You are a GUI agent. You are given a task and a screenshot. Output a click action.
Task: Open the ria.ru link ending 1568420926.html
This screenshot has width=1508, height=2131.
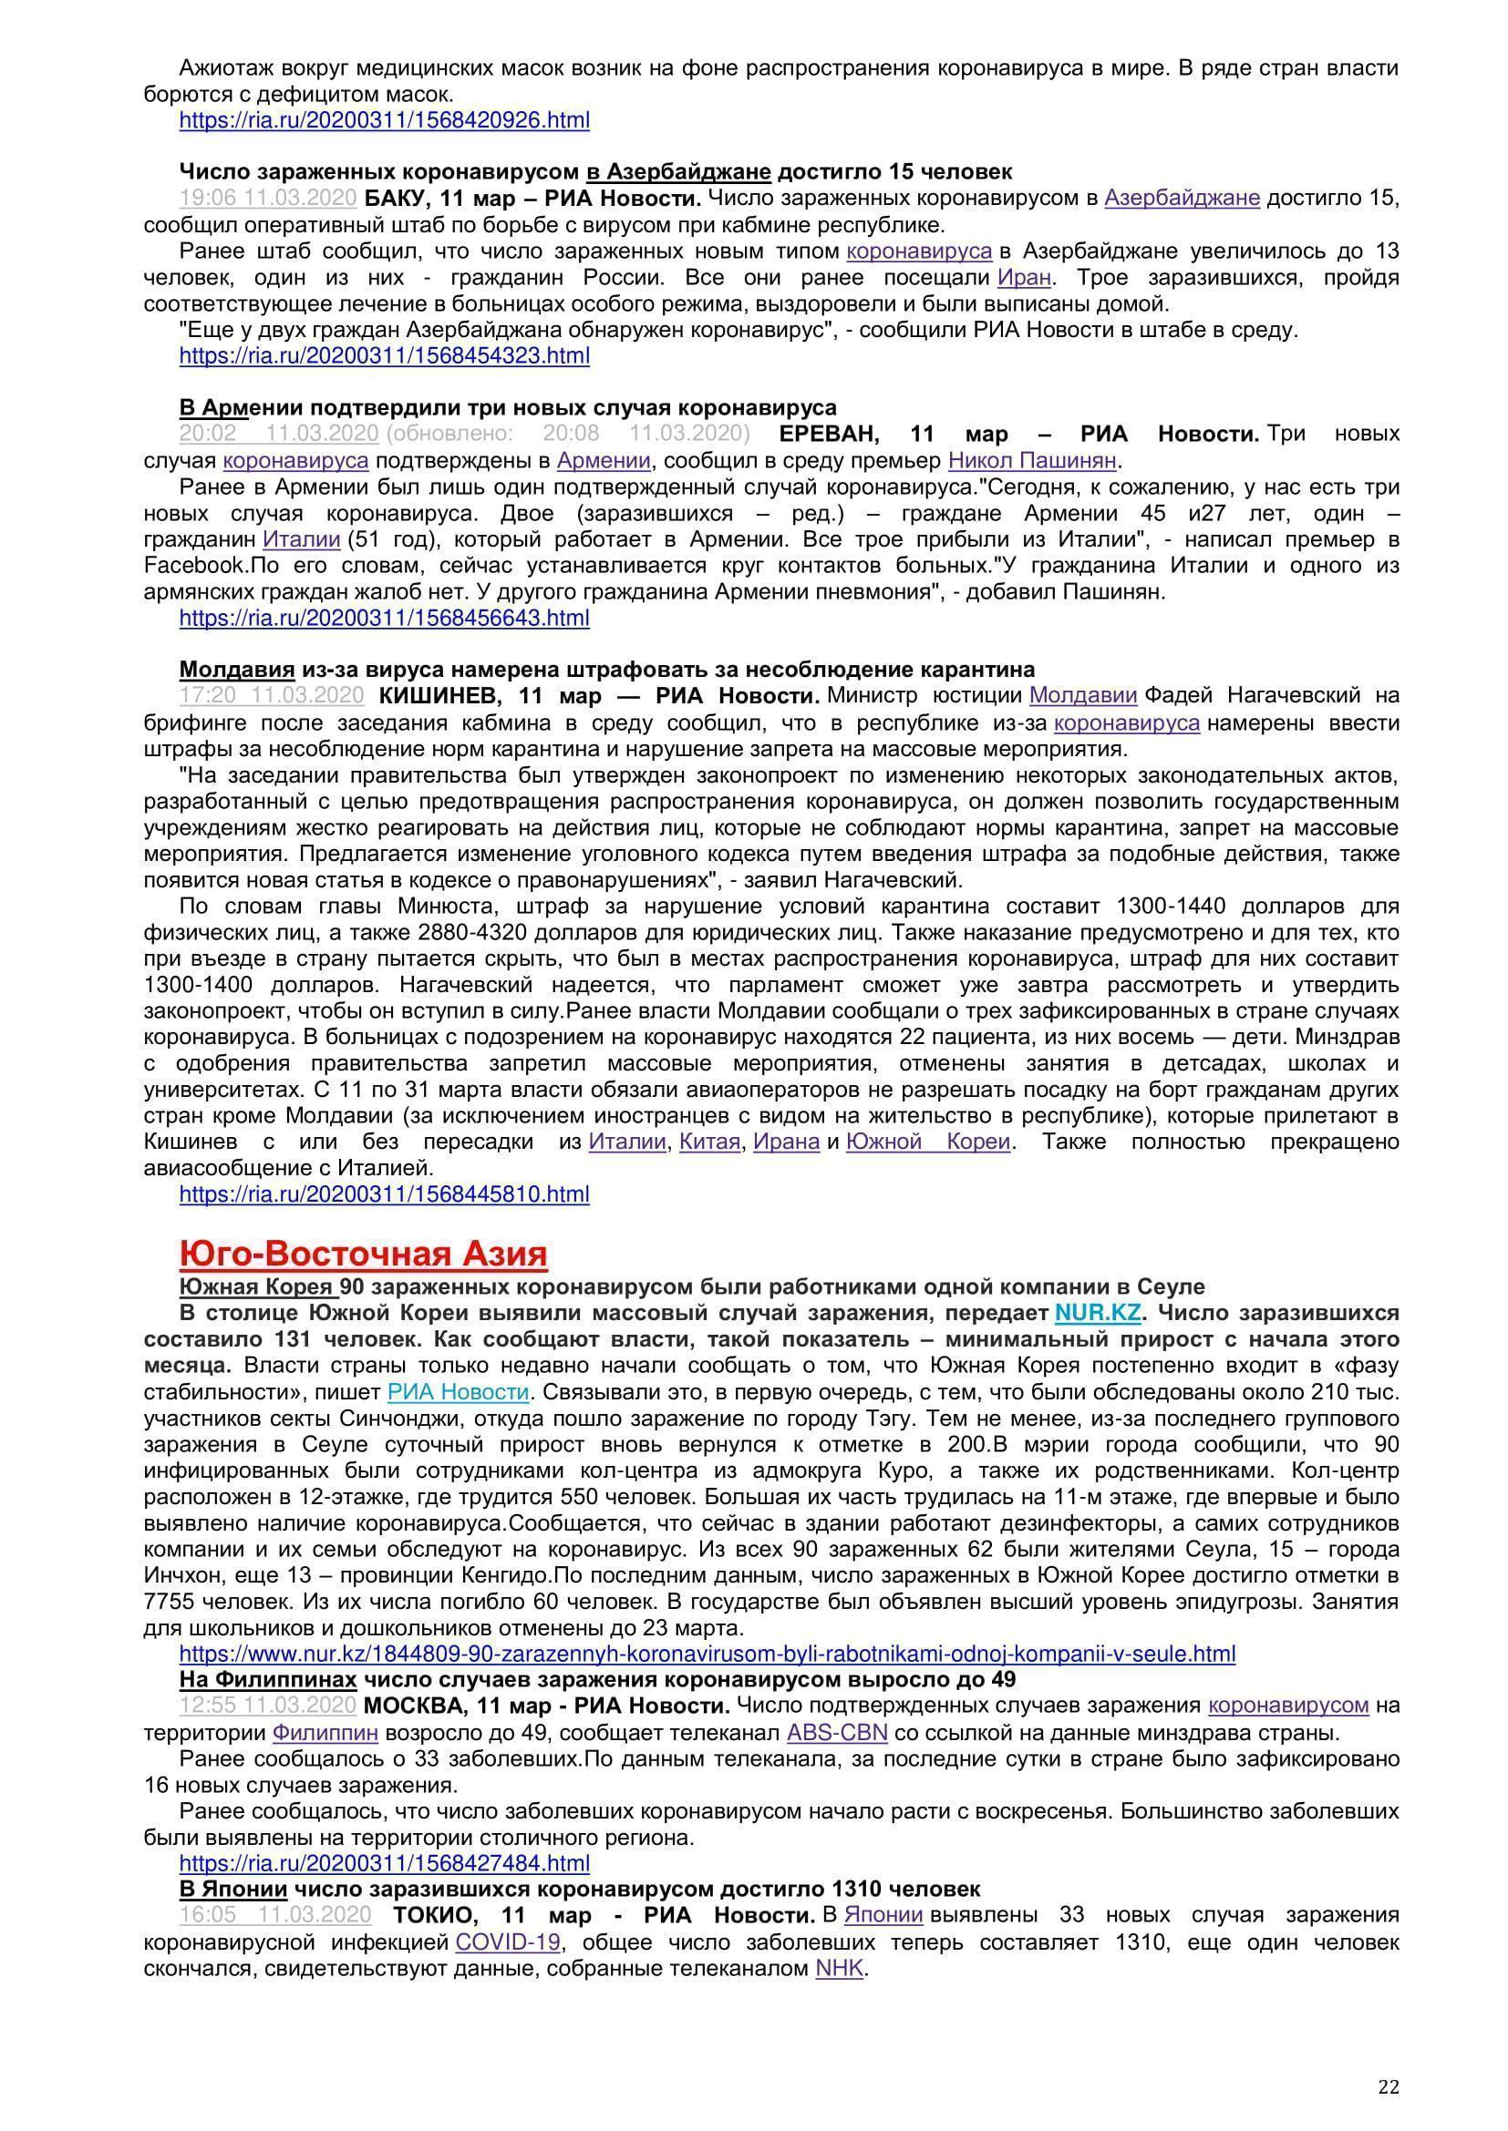pyautogui.click(x=385, y=119)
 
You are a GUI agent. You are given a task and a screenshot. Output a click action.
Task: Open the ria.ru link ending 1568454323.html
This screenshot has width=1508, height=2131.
pyautogui.click(x=385, y=355)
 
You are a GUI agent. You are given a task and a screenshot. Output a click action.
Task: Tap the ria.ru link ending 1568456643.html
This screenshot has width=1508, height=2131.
pyautogui.click(x=385, y=617)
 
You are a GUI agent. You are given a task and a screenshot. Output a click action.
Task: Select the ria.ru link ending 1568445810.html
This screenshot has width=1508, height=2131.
pyautogui.click(x=385, y=1194)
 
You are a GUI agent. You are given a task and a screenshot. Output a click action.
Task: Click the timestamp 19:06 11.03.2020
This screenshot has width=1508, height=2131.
pyautogui.click(x=268, y=198)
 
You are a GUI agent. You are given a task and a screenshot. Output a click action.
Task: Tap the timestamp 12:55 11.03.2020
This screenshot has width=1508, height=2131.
pyautogui.click(x=268, y=1705)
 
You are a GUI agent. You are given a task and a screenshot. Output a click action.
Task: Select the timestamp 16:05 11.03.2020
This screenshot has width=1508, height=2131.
pyautogui.click(x=274, y=1914)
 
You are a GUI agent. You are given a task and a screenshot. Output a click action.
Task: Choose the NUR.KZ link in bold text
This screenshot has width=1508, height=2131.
pyautogui.click(x=1097, y=1314)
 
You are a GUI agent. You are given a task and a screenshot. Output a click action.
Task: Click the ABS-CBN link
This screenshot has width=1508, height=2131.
pyautogui.click(x=837, y=1732)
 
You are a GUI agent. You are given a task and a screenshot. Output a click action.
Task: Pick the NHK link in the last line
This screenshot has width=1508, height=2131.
pyautogui.click(x=840, y=1968)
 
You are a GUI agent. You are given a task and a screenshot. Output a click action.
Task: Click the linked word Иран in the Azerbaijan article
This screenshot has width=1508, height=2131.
pyautogui.click(x=1023, y=278)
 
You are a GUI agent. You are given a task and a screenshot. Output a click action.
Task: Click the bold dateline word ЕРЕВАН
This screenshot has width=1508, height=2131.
pyautogui.click(x=828, y=434)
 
